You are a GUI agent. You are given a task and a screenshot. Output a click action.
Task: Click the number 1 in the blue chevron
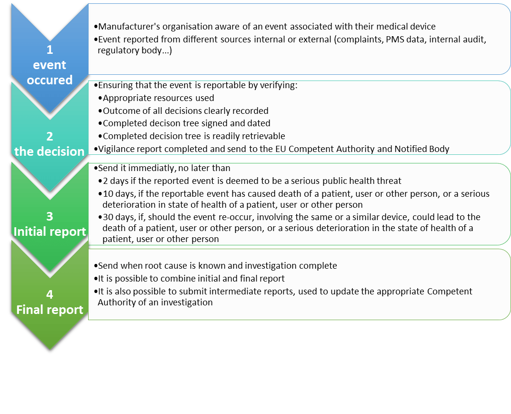click(x=50, y=50)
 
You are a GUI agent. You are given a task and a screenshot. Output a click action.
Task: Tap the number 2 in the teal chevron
click(x=50, y=136)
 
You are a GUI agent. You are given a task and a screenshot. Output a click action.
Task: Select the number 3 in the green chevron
click(x=50, y=216)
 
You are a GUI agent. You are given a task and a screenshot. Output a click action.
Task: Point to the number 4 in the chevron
click(x=50, y=294)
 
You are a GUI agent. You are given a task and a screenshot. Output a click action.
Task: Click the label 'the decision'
click(x=50, y=151)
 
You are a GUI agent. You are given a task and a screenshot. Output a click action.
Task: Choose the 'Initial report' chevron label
click(x=50, y=232)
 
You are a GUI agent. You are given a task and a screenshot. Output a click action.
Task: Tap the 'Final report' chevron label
click(x=50, y=310)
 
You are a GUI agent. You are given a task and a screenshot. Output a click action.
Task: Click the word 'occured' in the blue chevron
click(x=50, y=80)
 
